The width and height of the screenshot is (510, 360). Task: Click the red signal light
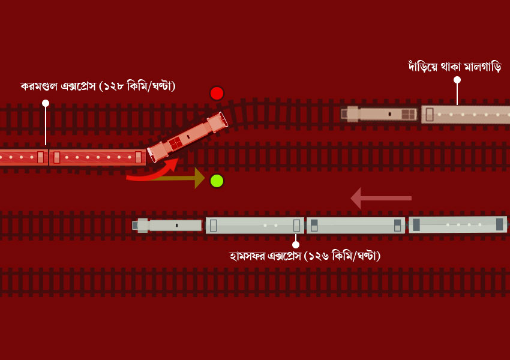(217, 94)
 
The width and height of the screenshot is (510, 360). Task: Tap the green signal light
(217, 181)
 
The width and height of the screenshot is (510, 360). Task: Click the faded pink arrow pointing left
(381, 198)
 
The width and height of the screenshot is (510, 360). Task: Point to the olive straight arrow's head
(199, 178)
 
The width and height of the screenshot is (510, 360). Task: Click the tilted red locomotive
(187, 137)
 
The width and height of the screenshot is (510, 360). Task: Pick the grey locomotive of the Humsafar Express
(167, 226)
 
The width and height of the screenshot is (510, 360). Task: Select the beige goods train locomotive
(379, 114)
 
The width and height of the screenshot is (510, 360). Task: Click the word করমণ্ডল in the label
(39, 86)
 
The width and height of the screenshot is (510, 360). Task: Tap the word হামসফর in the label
(247, 256)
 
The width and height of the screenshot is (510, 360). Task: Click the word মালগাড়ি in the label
(482, 67)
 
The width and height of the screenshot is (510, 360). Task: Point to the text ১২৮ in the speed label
(114, 86)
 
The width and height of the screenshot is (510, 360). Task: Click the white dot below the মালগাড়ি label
(457, 80)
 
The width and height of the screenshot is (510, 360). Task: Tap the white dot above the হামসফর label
(296, 245)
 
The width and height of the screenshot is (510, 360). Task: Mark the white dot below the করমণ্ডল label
(46, 103)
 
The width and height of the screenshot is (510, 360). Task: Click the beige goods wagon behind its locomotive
(466, 115)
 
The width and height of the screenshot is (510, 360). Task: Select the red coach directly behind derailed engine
(97, 157)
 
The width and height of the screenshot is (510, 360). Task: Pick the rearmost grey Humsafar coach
(458, 224)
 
